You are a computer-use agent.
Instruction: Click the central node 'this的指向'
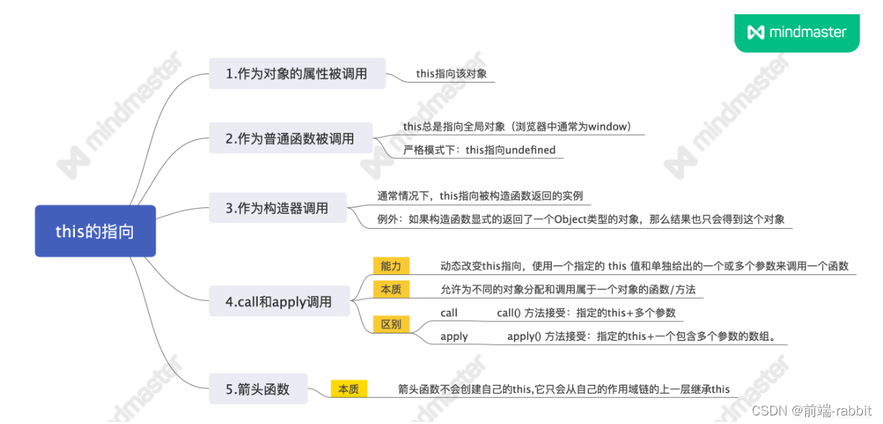[x=95, y=232]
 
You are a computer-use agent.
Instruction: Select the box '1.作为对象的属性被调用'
[x=297, y=73]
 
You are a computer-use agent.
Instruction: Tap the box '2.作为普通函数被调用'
[x=291, y=138]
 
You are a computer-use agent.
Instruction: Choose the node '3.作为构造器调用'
[x=278, y=208]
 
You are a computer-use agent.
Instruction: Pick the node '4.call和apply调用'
[x=279, y=301]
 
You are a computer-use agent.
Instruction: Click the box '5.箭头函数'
[x=258, y=389]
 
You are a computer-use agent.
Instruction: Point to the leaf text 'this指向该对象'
[x=451, y=73]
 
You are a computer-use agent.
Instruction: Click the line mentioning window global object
[x=518, y=127]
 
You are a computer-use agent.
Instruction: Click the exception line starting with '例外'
[x=581, y=219]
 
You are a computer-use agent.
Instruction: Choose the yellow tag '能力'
[x=390, y=266]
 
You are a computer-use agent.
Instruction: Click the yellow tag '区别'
[x=390, y=324]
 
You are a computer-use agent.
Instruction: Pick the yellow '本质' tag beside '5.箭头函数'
[x=348, y=389]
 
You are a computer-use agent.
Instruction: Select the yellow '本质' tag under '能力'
[x=390, y=289]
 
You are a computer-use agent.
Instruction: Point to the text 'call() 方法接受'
[x=586, y=313]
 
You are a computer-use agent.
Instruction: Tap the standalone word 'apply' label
[x=454, y=336]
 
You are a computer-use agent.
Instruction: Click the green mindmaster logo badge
[x=797, y=32]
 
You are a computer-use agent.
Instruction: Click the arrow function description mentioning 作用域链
[x=564, y=389]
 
